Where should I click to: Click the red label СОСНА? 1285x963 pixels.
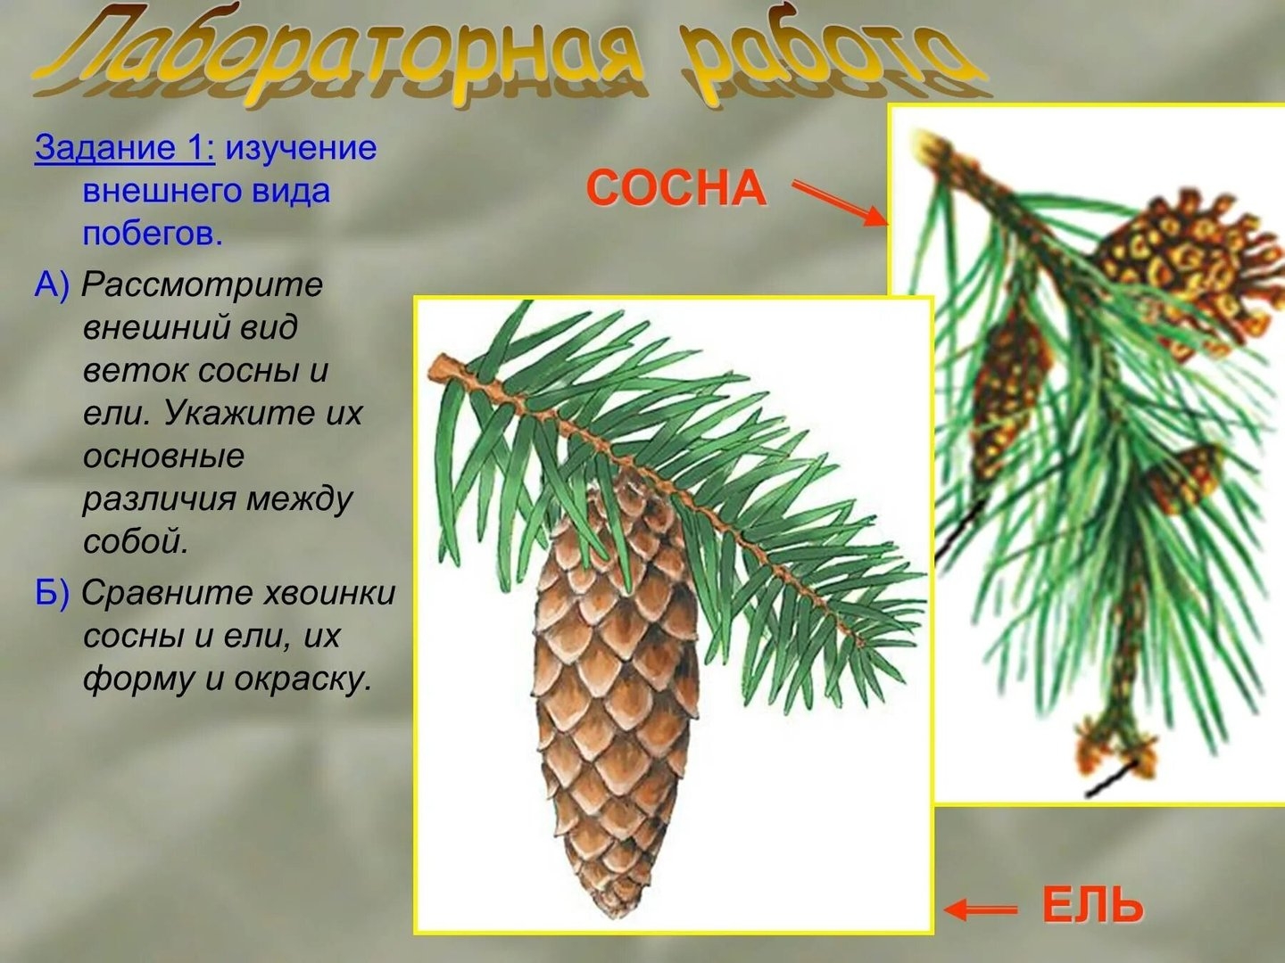click(676, 188)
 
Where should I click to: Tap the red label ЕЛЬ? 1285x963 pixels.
click(1092, 906)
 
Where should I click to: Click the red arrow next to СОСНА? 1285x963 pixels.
click(840, 203)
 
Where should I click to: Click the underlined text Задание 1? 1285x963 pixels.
click(124, 147)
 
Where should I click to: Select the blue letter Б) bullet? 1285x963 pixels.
click(52, 594)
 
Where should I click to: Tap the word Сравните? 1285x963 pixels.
click(167, 594)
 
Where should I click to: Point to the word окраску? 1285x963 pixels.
click(303, 679)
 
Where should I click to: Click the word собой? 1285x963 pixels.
click(137, 541)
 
